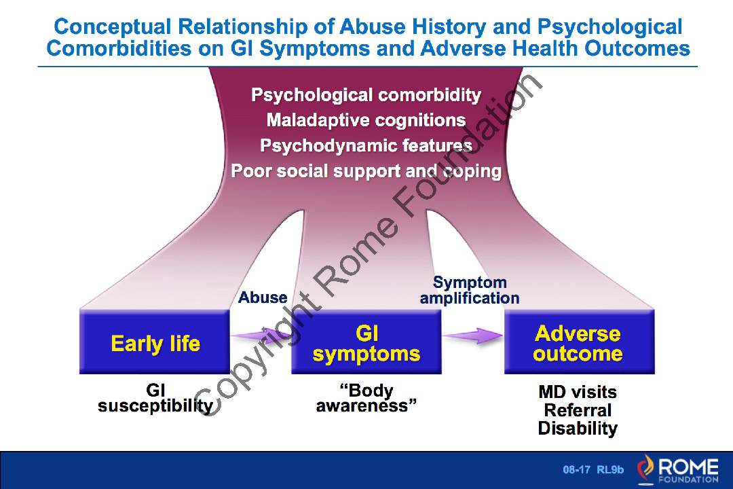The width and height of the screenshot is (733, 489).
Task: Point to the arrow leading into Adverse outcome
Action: tap(473, 335)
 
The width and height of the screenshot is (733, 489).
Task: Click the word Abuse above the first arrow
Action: tap(263, 297)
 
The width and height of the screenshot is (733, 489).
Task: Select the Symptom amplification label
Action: tap(470, 290)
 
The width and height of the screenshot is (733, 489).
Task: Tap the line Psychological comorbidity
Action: tap(366, 94)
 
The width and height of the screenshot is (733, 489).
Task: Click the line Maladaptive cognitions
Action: tap(366, 120)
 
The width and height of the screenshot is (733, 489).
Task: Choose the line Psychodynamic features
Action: tap(366, 145)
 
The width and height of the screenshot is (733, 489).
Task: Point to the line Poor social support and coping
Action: tap(366, 170)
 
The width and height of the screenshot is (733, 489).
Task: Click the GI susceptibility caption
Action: tap(155, 398)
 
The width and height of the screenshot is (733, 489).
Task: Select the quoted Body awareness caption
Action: tap(366, 398)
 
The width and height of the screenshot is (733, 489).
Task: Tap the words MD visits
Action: tap(578, 392)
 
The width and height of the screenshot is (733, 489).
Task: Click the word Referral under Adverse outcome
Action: tap(578, 410)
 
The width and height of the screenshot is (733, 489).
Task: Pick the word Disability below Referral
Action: tap(578, 429)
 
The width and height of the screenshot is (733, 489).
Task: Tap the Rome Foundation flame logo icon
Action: tap(645, 469)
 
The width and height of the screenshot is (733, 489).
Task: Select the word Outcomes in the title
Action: tap(635, 49)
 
